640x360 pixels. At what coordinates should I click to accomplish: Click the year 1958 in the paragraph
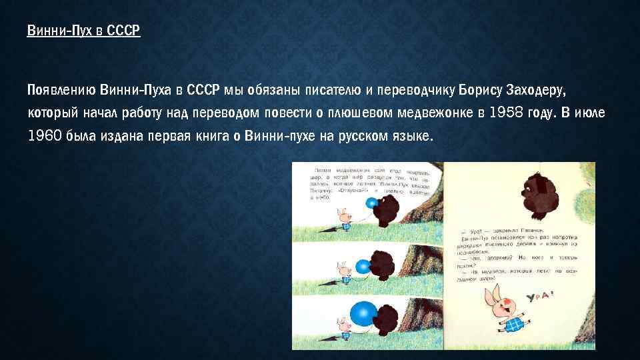point(508,112)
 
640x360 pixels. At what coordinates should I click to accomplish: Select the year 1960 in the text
point(45,136)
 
